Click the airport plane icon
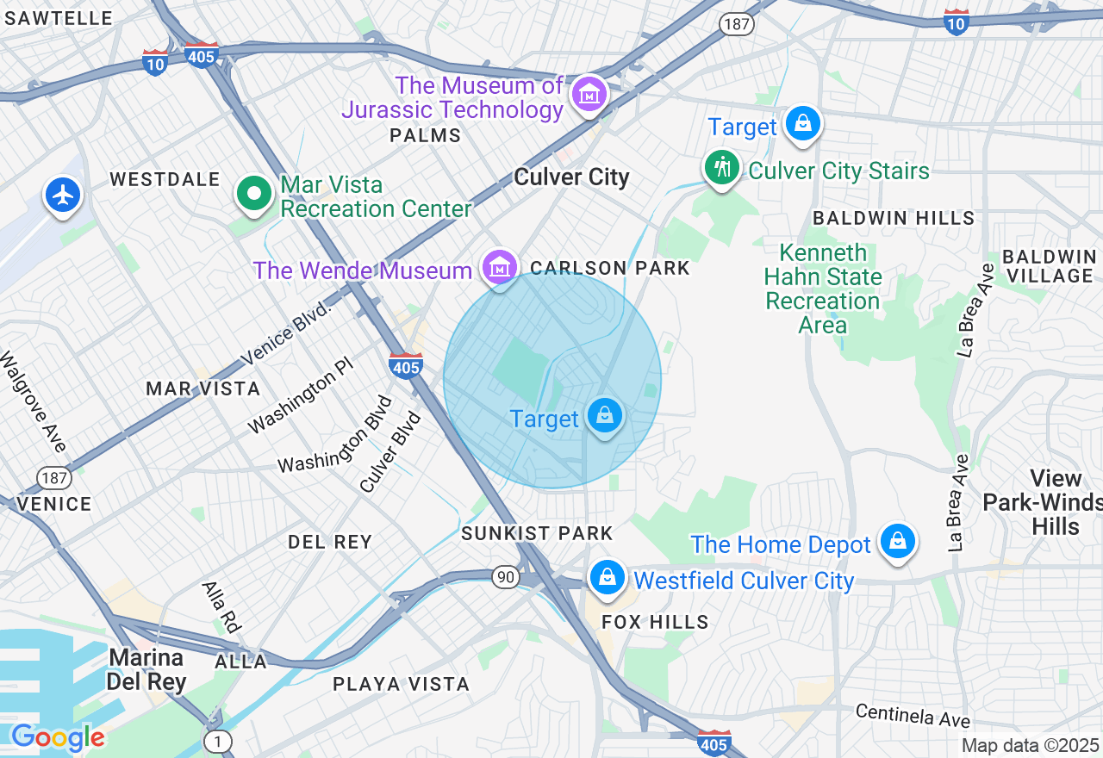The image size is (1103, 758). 62,196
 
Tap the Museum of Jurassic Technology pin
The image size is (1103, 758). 591,95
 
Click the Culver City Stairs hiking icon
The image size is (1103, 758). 722,167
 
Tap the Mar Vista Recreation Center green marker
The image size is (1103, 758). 254,195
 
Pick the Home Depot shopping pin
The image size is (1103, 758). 897,542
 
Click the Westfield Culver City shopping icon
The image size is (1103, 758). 608,577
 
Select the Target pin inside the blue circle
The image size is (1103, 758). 605,417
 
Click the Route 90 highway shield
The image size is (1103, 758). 506,577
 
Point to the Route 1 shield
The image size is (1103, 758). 218,741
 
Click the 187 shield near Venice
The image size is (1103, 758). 53,477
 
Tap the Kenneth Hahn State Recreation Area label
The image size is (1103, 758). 823,289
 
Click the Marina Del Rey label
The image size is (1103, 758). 146,670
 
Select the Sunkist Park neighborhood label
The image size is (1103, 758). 537,534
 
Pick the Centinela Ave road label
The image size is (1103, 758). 913,715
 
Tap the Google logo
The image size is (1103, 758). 58,737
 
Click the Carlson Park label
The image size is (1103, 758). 610,269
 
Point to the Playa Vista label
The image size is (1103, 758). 402,685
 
